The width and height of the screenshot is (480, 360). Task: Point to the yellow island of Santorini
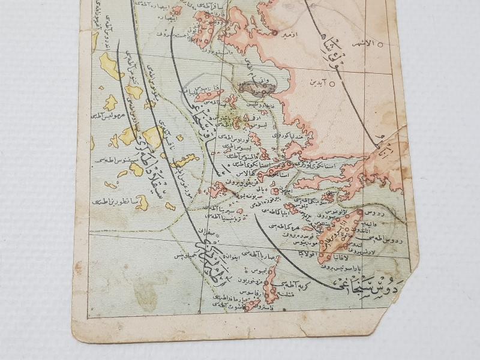click(x=142, y=203)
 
